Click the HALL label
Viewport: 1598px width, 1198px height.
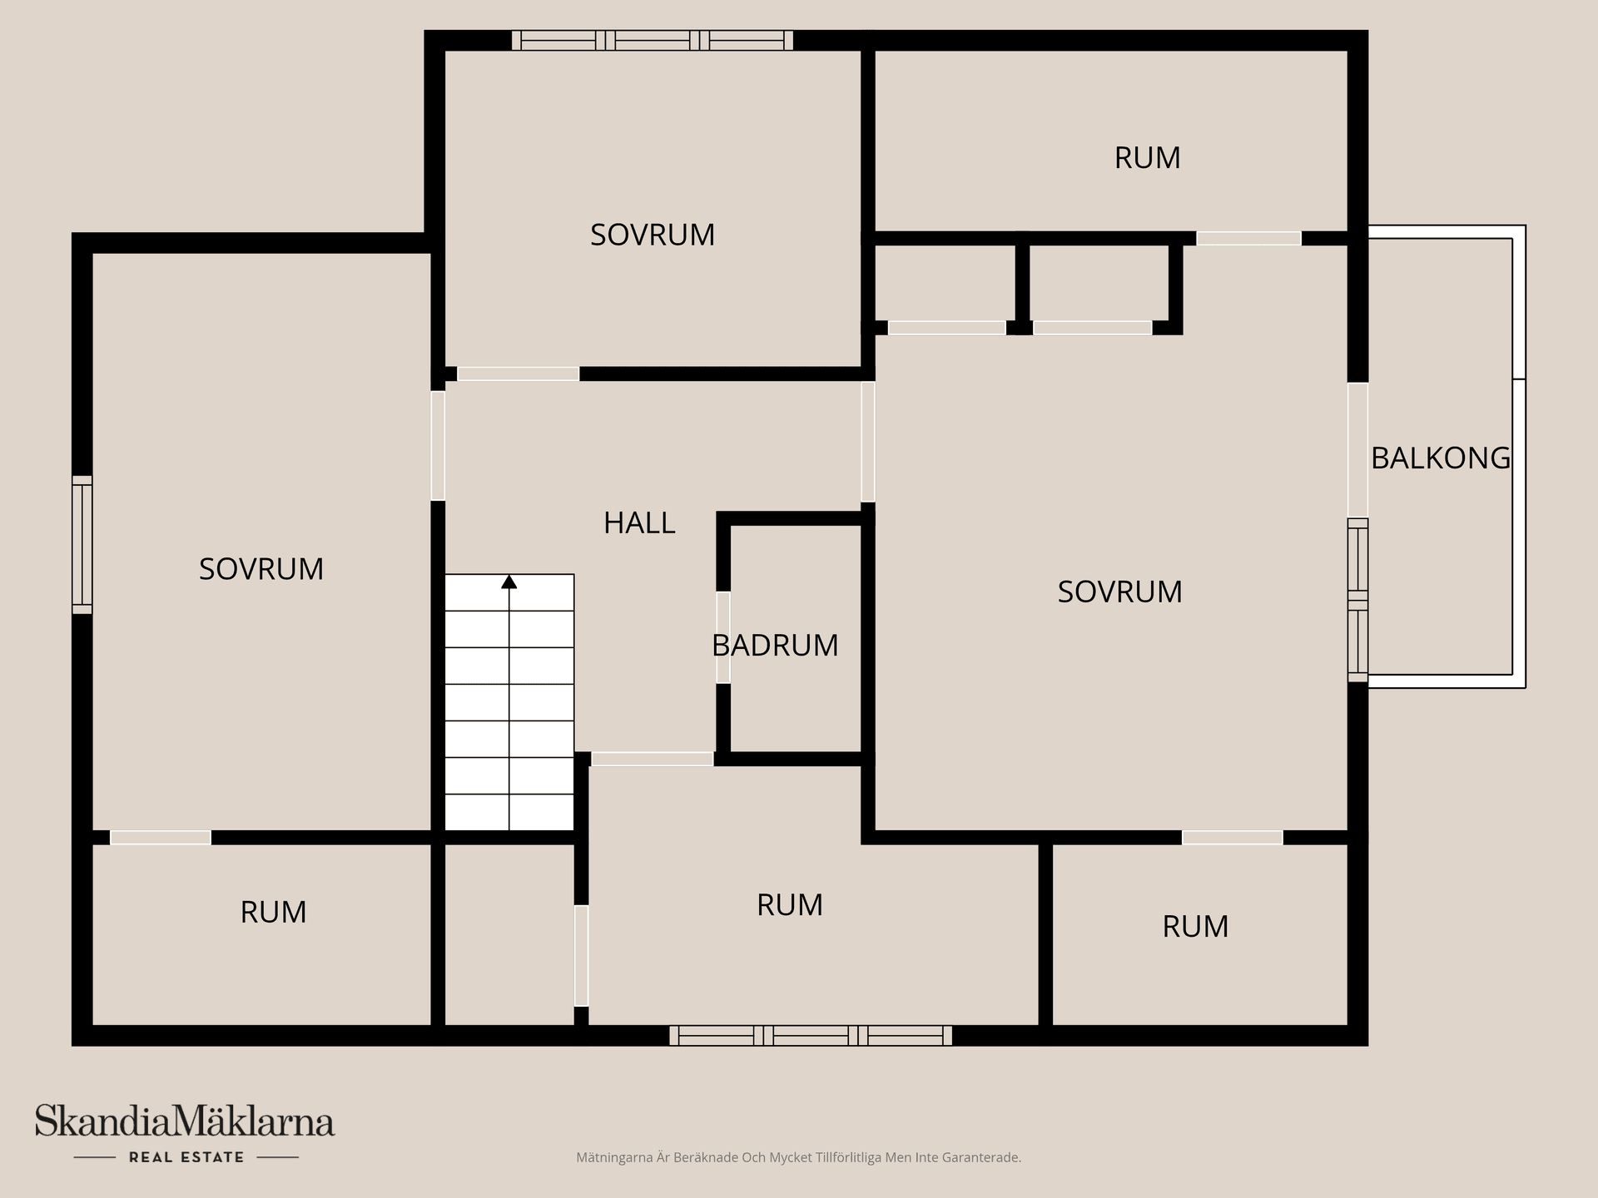pyautogui.click(x=638, y=523)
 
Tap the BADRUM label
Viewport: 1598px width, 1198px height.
pyautogui.click(x=775, y=646)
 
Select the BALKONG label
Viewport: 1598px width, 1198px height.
pyautogui.click(x=1440, y=458)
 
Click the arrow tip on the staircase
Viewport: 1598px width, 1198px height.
pyautogui.click(x=509, y=581)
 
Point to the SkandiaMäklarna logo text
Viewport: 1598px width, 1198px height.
pyautogui.click(x=185, y=1121)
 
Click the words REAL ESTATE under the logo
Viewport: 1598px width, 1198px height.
pyautogui.click(x=186, y=1157)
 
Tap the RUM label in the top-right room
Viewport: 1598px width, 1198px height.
pyautogui.click(x=1147, y=158)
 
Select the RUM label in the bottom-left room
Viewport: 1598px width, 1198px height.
pyautogui.click(x=273, y=913)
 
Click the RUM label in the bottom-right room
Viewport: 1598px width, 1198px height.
pyautogui.click(x=1195, y=927)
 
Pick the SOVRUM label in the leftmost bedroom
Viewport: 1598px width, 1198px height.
pyautogui.click(x=261, y=569)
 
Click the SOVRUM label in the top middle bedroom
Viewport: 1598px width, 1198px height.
pyautogui.click(x=653, y=235)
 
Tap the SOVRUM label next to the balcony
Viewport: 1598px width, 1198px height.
pyautogui.click(x=1119, y=592)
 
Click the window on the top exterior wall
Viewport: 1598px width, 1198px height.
pyautogui.click(x=652, y=41)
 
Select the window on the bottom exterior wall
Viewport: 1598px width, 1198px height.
pyautogui.click(x=811, y=1036)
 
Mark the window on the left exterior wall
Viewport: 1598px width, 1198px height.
pyautogui.click(x=82, y=545)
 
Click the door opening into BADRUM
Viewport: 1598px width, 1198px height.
pyautogui.click(x=723, y=637)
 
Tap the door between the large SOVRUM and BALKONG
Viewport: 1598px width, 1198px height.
pyautogui.click(x=1357, y=449)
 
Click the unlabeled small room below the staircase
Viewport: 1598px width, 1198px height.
pyautogui.click(x=509, y=934)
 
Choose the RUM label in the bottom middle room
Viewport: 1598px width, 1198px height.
pyautogui.click(x=789, y=905)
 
